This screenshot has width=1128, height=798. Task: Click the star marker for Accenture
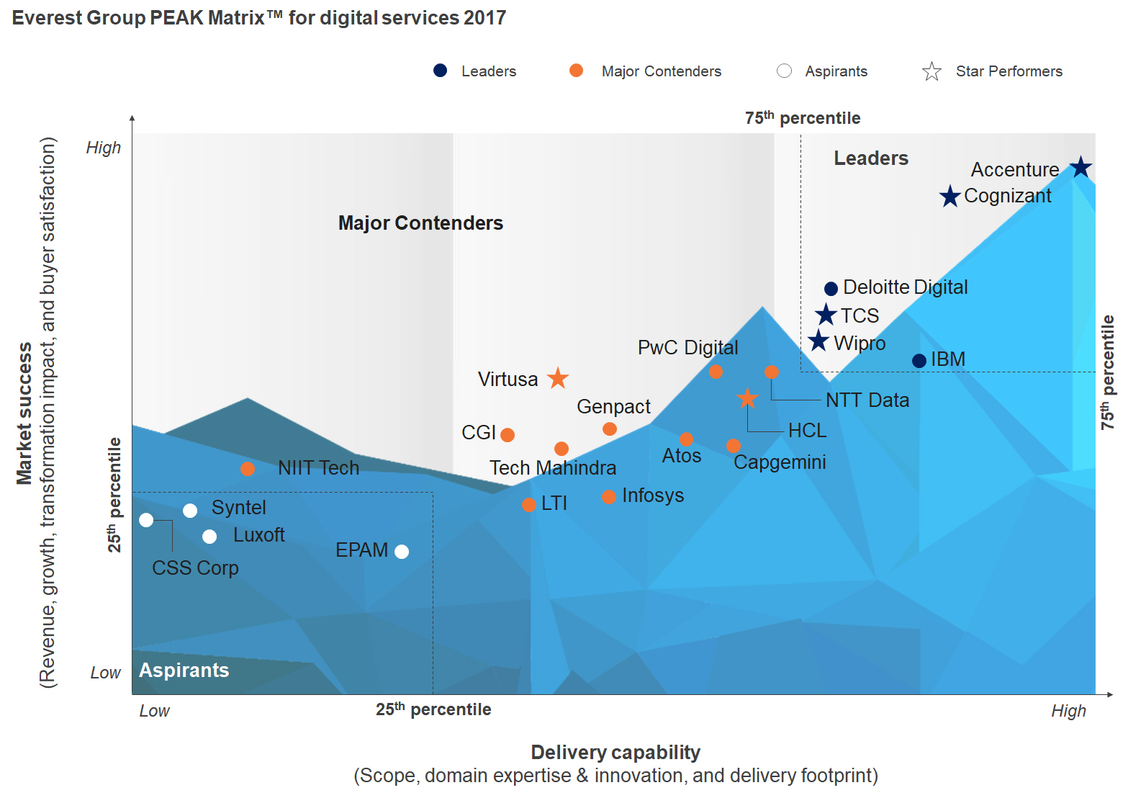click(1080, 167)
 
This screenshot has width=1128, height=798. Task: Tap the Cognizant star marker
click(950, 196)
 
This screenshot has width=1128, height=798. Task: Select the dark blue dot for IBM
click(919, 361)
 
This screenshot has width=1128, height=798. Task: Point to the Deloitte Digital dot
click(831, 289)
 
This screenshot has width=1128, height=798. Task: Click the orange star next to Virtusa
click(558, 378)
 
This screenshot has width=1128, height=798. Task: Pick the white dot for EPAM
click(402, 552)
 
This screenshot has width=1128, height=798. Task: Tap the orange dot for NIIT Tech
click(248, 469)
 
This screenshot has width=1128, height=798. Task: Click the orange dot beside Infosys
click(609, 497)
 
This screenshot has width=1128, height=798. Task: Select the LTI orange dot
click(529, 505)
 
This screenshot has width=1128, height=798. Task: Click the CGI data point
click(507, 435)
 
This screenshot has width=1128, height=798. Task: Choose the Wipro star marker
click(818, 341)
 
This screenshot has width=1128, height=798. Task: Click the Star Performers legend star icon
click(931, 71)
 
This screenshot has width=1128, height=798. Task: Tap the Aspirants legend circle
click(785, 71)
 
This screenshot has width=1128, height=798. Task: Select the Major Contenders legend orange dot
click(576, 71)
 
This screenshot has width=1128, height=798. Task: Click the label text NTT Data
click(867, 400)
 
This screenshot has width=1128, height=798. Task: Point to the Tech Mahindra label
click(553, 468)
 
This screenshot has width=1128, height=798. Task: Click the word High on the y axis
click(104, 148)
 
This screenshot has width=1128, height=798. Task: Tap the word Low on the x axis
click(154, 711)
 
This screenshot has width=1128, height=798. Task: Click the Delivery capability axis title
click(615, 753)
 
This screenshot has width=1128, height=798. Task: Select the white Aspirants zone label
click(184, 671)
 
